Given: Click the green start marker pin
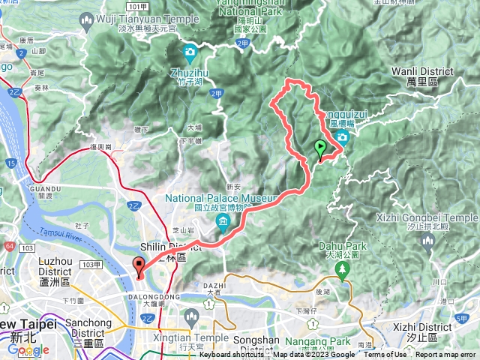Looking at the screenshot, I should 321,147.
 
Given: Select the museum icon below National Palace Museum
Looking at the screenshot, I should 223,221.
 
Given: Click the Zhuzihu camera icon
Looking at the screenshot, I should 190,52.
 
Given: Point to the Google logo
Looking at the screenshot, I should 27,350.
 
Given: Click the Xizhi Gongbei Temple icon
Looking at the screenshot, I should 427,240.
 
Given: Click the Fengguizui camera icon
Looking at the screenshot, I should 342,136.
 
